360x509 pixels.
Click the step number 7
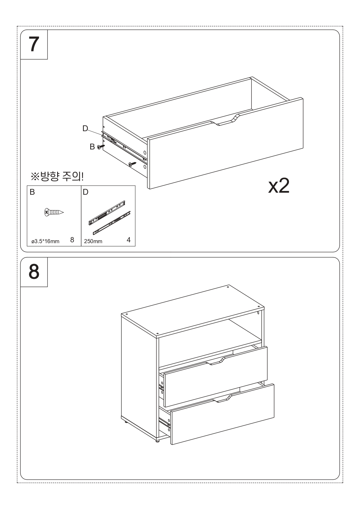click(x=34, y=44)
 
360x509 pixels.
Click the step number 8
click(x=34, y=272)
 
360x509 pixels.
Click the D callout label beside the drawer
click(x=85, y=129)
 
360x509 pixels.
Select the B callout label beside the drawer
click(x=92, y=147)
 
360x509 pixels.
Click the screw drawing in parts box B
click(x=54, y=212)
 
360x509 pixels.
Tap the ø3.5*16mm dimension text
click(x=45, y=241)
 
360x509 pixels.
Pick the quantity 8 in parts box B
click(x=72, y=240)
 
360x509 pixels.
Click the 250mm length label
click(x=93, y=241)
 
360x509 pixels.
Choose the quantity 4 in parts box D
click(x=129, y=240)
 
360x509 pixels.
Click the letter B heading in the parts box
click(x=32, y=192)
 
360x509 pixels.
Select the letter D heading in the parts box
click(x=86, y=192)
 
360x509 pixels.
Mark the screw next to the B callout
click(x=101, y=147)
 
